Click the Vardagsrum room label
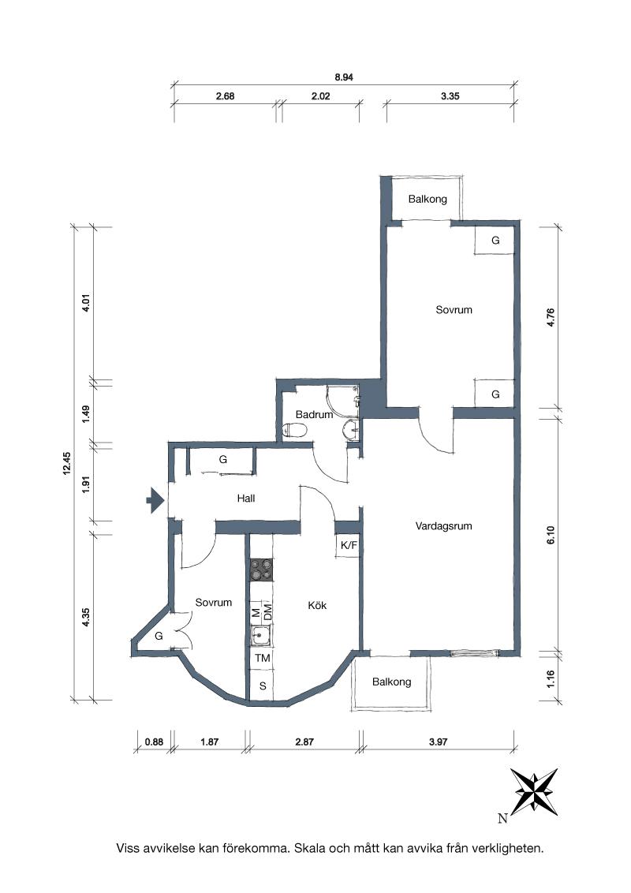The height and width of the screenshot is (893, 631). click(443, 526)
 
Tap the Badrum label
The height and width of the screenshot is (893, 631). click(314, 415)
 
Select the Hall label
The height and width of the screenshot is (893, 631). click(246, 499)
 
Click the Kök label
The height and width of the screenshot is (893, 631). click(317, 605)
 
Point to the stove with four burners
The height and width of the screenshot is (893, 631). click(261, 570)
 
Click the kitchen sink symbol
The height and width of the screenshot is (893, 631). click(261, 635)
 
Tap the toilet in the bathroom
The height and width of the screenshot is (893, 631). click(294, 430)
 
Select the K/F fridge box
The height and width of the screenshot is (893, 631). click(349, 546)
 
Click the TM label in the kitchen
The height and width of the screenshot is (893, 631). click(262, 658)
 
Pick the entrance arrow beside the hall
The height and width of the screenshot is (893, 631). click(155, 501)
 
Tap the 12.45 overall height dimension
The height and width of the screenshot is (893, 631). click(66, 462)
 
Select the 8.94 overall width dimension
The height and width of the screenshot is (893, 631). click(344, 77)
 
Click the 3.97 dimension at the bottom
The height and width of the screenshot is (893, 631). click(439, 742)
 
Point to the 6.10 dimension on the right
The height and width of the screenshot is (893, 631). click(550, 535)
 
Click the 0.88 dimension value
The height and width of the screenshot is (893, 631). click(154, 742)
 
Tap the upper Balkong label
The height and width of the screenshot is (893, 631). click(428, 200)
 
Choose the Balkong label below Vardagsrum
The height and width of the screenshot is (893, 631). click(391, 682)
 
